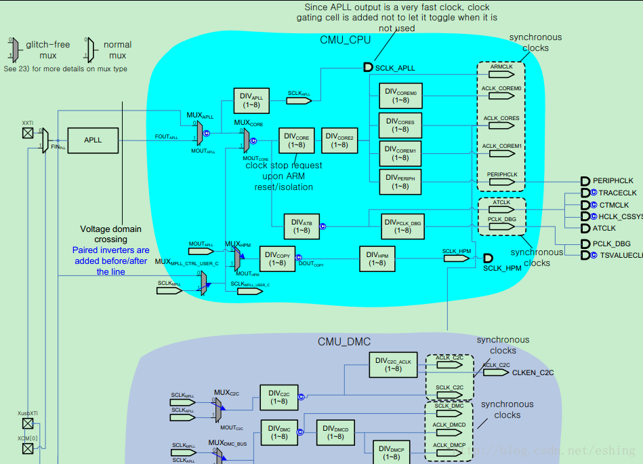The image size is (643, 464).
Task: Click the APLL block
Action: pyautogui.click(x=93, y=140)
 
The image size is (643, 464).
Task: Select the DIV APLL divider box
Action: pyautogui.click(x=251, y=101)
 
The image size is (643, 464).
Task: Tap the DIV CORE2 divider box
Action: pyautogui.click(x=340, y=140)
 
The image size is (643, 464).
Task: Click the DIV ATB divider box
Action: pyautogui.click(x=302, y=226)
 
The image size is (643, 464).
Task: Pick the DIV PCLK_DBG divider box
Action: pyautogui.click(x=403, y=226)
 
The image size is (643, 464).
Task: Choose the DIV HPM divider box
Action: pyautogui.click(x=377, y=258)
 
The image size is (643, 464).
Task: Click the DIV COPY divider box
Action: pyautogui.click(x=277, y=258)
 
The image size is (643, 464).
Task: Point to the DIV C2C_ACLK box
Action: pyautogui.click(x=393, y=365)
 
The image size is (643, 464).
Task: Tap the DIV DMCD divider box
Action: pyautogui.click(x=335, y=433)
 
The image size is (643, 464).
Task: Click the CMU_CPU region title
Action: pyautogui.click(x=345, y=40)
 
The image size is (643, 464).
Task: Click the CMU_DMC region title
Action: pyautogui.click(x=344, y=342)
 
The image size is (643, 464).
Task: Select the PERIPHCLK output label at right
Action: pyautogui.click(x=613, y=181)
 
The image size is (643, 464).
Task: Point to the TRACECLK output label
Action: pyautogui.click(x=617, y=193)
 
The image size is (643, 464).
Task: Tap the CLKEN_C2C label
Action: pyautogui.click(x=533, y=372)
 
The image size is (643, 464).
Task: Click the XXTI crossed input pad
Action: pyautogui.click(x=27, y=133)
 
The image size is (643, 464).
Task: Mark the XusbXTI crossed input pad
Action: pyautogui.click(x=27, y=423)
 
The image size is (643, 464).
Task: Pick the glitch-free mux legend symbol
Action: pyautogui.click(x=16, y=50)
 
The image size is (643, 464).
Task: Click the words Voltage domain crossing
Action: pyautogui.click(x=110, y=234)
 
